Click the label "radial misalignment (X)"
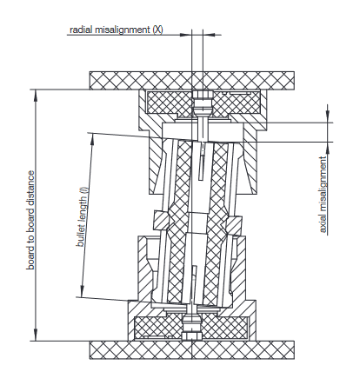pos(116,30)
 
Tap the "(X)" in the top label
pos(157,30)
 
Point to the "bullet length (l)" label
pos(83,217)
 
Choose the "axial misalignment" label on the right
pos(323,196)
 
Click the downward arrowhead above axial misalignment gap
pos(329,117)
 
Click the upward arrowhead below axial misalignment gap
pos(329,147)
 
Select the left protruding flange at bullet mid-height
pos(158,218)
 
